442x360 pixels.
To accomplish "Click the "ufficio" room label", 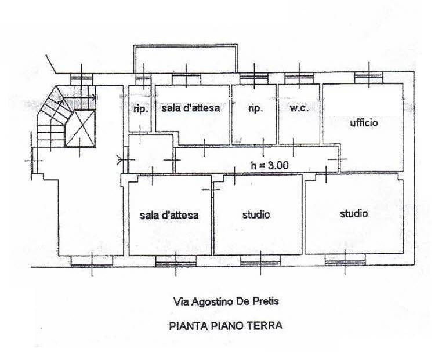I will (364, 123).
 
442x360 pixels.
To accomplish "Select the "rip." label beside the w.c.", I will (256, 108).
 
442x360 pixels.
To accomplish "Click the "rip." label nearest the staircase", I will (140, 108).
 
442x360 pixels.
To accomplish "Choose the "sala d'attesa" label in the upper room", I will (191, 108).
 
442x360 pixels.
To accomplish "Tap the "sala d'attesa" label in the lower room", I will (169, 214).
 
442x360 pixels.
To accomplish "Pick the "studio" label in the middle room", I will (256, 214).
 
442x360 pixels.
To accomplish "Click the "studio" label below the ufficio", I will (353, 213).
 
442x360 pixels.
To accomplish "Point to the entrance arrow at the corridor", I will (120, 158).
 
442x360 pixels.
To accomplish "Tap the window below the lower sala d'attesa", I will (176, 262).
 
